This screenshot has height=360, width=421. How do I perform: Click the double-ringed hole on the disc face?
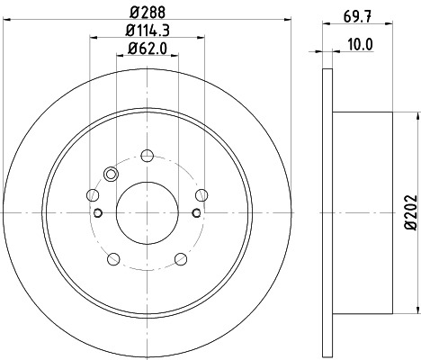coord(112,175)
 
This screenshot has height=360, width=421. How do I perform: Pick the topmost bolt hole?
coord(148,153)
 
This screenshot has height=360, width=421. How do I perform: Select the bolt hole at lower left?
coord(112,260)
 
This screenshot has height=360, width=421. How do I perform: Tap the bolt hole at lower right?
coord(183,260)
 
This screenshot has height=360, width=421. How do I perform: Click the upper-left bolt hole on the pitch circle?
coord(92,194)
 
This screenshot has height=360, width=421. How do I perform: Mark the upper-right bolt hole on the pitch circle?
coord(203,194)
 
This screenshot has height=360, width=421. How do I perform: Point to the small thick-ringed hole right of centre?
coord(196,212)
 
